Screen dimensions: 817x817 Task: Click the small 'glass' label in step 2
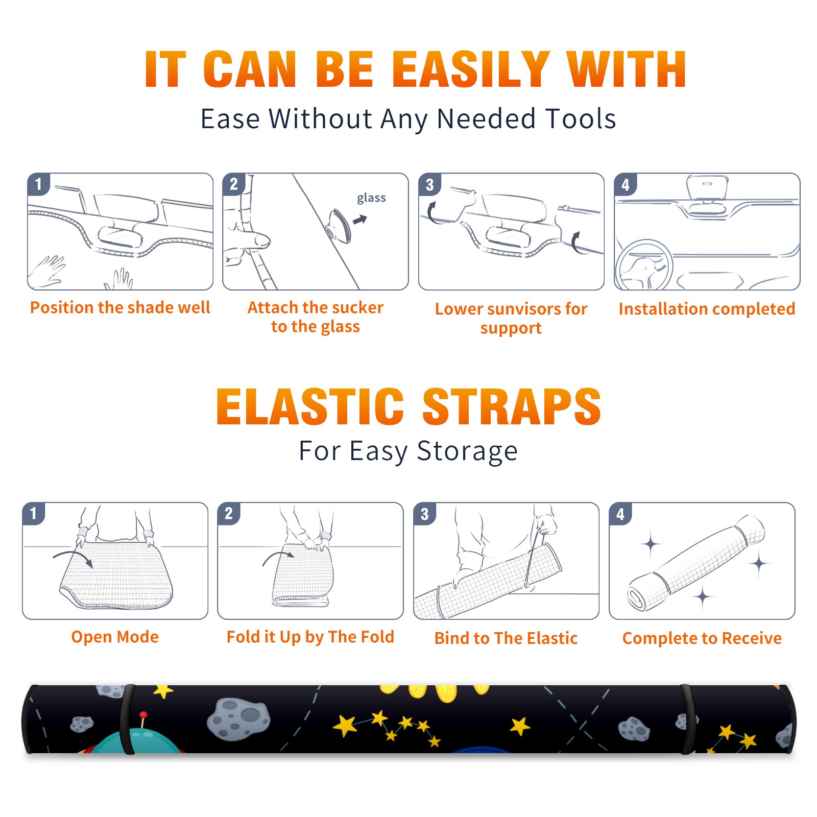(371, 198)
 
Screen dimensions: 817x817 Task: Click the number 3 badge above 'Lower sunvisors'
(430, 185)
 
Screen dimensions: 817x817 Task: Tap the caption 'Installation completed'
(707, 309)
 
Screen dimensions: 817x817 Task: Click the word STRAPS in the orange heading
(512, 406)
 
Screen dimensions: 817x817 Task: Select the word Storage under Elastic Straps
(467, 451)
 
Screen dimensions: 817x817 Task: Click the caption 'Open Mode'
(115, 637)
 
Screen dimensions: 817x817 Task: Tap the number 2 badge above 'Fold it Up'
(229, 514)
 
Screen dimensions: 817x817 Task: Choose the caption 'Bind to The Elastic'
(506, 638)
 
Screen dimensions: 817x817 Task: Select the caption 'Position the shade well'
(120, 307)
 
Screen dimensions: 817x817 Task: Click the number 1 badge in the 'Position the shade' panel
(39, 184)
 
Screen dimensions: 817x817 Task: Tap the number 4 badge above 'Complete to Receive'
(620, 514)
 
